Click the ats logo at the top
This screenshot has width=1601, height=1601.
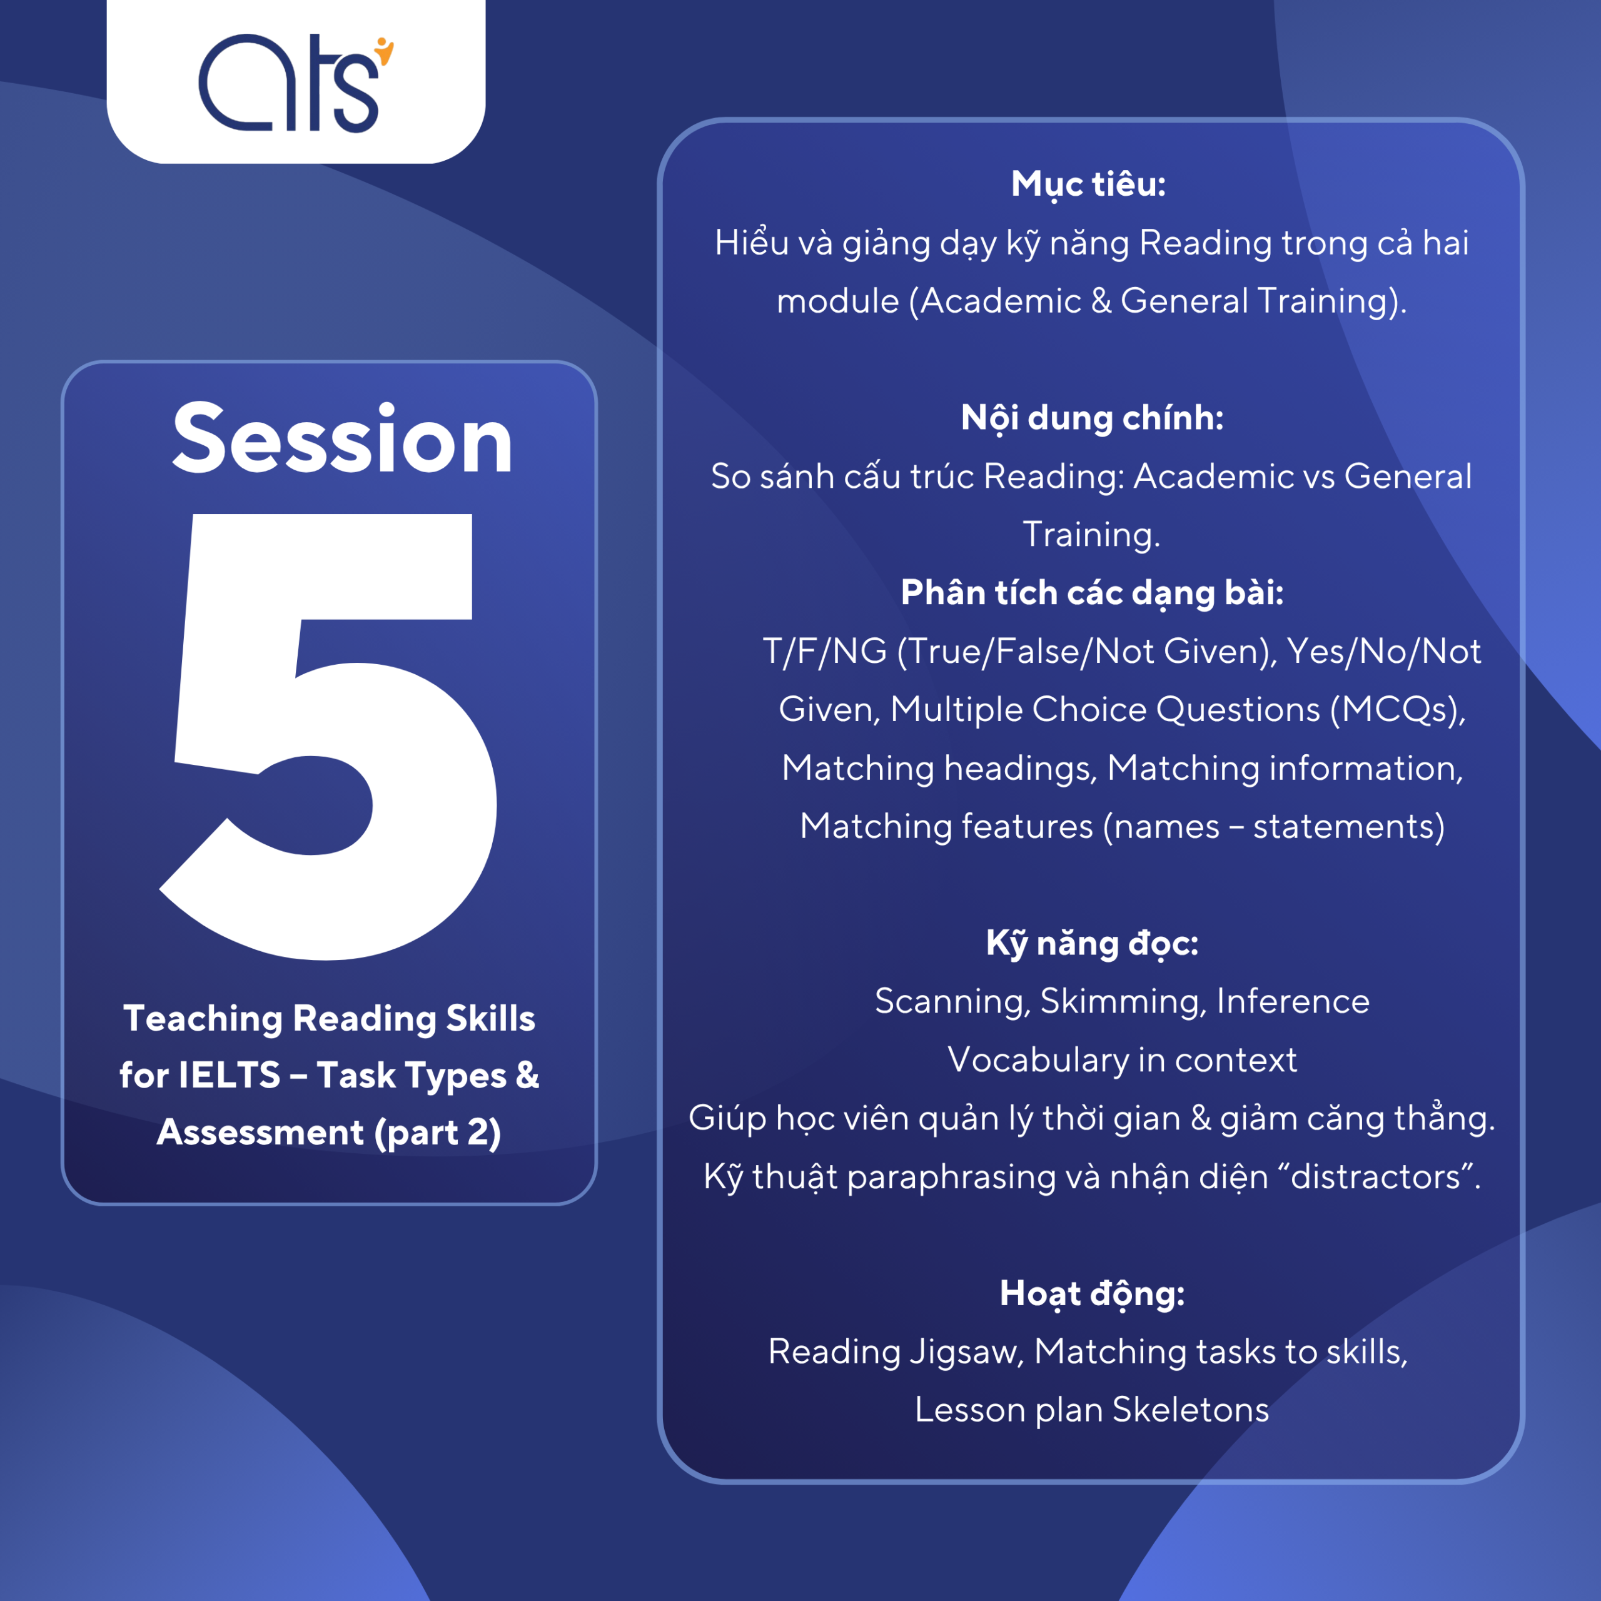coord(296,83)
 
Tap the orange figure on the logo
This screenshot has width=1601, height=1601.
coord(385,51)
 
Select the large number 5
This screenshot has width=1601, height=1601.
coord(328,736)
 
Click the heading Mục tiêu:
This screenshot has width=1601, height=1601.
coord(1088,184)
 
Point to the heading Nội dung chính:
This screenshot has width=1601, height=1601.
coord(1092,418)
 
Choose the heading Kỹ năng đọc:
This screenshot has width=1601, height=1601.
coord(1092,944)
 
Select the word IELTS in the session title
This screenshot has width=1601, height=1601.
coord(230,1076)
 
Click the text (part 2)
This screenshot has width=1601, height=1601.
coord(438,1133)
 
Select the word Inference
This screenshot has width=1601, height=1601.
coord(1293,1001)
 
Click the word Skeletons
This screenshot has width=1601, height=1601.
coord(1191,1410)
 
